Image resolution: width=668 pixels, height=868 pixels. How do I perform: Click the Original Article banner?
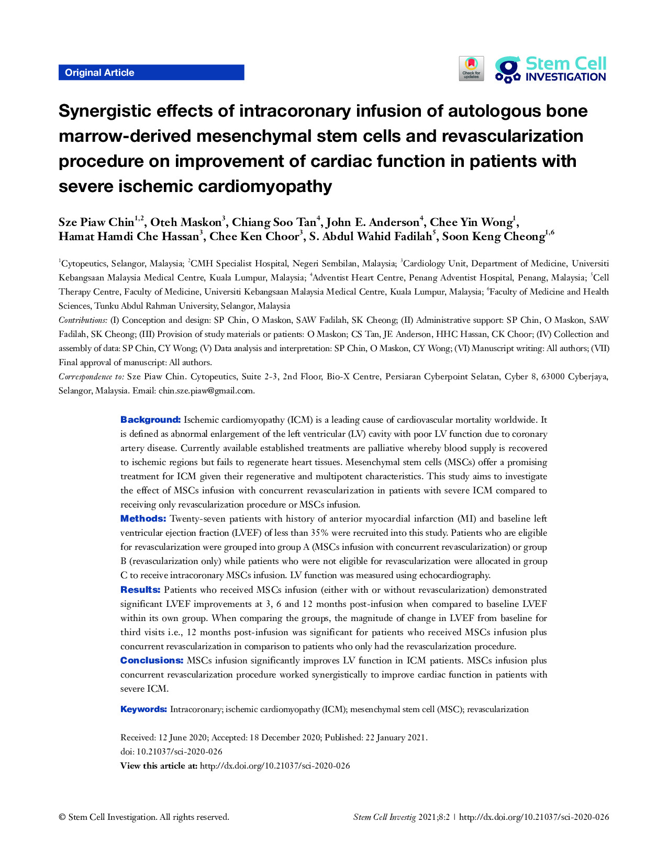coord(151,73)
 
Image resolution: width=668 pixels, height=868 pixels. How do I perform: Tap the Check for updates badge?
coord(471,69)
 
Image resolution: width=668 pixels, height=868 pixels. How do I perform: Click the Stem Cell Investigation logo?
coord(551,69)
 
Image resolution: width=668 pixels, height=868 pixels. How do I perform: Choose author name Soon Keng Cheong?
coord(493,236)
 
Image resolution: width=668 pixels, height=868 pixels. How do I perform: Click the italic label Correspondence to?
coord(91,377)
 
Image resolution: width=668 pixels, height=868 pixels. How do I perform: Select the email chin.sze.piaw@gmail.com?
coord(206,391)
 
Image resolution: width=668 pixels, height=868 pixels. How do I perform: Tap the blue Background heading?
coord(150,420)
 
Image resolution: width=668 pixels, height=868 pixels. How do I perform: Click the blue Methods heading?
coord(143,518)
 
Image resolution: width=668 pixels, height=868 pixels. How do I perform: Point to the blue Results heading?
coord(140,590)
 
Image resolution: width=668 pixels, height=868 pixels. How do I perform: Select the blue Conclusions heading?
coord(152,660)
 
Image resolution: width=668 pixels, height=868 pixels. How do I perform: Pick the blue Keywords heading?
coord(143,709)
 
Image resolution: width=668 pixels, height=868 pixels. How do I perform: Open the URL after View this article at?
coord(275,766)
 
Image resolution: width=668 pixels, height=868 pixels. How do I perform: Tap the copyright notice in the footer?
coord(143,817)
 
